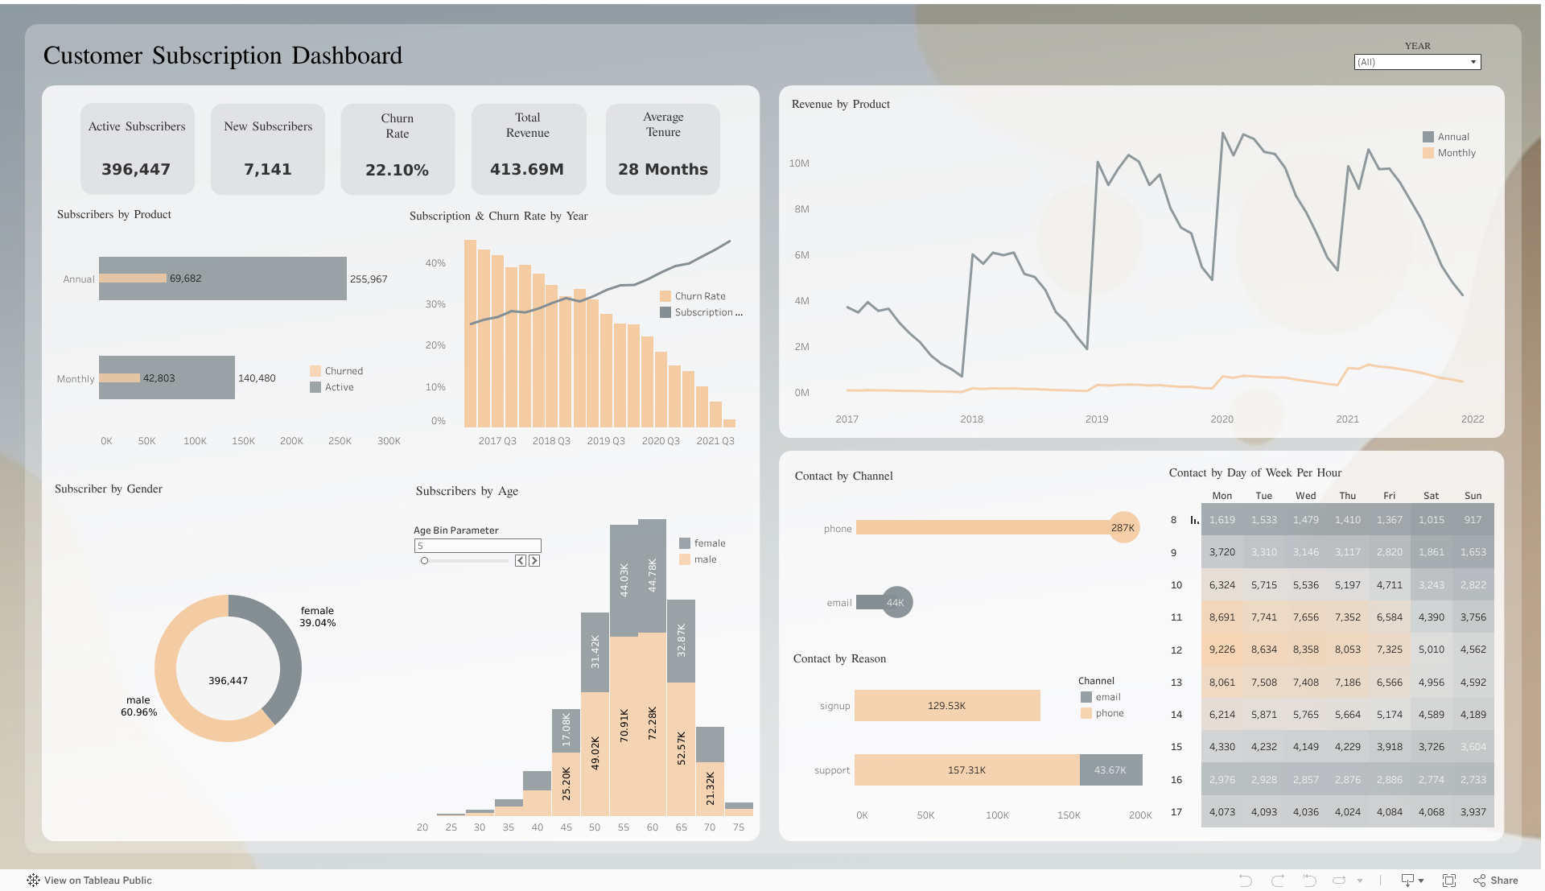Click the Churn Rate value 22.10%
point(397,170)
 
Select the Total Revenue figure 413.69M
point(527,169)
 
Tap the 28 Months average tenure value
point(662,169)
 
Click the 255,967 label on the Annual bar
point(369,279)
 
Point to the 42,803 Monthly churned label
point(159,378)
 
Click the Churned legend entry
point(344,371)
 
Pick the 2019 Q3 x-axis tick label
point(606,441)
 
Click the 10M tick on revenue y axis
point(799,163)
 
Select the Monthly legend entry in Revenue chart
point(1456,153)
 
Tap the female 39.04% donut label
point(318,617)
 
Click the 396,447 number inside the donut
point(228,681)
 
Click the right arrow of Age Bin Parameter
point(534,561)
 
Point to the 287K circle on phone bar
point(1123,528)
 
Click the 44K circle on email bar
point(896,602)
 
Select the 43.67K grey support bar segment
point(1110,770)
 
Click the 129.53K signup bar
point(946,706)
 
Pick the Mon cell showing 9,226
point(1222,650)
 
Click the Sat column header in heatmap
point(1431,496)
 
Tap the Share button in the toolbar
point(1496,881)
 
